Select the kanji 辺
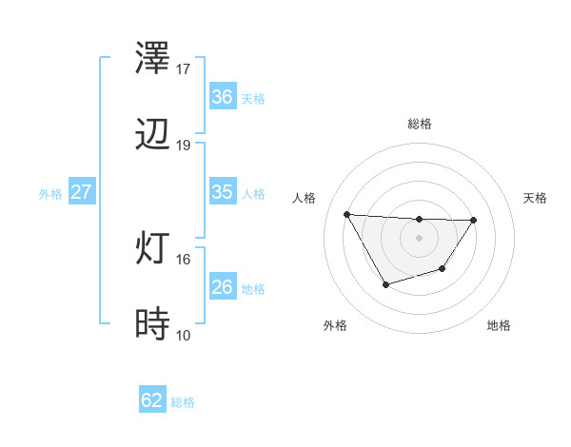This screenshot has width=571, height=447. pyautogui.click(x=154, y=135)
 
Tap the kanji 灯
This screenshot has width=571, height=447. pyautogui.click(x=154, y=249)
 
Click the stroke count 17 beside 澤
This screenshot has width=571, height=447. pyautogui.click(x=184, y=69)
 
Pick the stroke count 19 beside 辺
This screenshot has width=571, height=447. pyautogui.click(x=184, y=146)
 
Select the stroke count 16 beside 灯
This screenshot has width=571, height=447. pyautogui.click(x=184, y=259)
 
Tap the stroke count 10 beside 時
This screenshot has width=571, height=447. pyautogui.click(x=184, y=335)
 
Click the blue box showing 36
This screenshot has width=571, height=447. pyautogui.click(x=222, y=97)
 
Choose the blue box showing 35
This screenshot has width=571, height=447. pyautogui.click(x=222, y=192)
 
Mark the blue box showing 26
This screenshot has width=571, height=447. pyautogui.click(x=222, y=287)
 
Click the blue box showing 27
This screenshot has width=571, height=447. pyautogui.click(x=81, y=192)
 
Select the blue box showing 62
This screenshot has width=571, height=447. pyautogui.click(x=152, y=400)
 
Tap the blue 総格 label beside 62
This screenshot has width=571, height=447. pyautogui.click(x=183, y=402)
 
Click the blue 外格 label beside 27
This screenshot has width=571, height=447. pyautogui.click(x=50, y=194)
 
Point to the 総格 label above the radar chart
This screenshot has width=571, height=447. pyautogui.click(x=420, y=124)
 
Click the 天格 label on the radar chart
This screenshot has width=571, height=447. pyautogui.click(x=535, y=198)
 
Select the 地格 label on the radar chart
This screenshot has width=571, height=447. pyautogui.click(x=499, y=325)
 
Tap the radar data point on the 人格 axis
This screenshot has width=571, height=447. pyautogui.click(x=346, y=214)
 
